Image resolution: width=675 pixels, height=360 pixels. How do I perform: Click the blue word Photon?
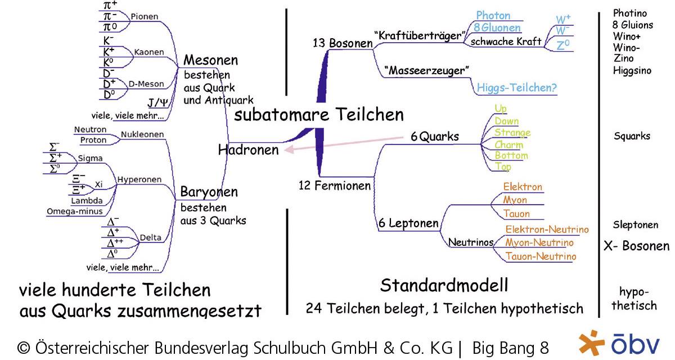493,15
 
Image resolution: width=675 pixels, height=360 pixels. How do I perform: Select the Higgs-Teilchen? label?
516,88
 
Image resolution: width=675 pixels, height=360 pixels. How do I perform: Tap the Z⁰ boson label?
563,45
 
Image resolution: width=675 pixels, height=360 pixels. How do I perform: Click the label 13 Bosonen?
343,43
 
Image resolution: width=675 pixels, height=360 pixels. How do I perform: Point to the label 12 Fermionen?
335,185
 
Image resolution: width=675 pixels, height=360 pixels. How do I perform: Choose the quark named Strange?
512,133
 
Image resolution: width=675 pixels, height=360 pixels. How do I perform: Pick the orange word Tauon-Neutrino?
541,256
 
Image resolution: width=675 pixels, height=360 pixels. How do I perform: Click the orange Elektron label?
523,187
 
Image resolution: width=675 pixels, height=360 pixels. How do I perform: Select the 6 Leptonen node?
408,223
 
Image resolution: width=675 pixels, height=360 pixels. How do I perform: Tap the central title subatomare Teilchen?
319,115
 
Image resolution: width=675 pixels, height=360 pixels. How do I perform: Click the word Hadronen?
248,150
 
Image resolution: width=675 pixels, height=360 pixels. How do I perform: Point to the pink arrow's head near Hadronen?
289,149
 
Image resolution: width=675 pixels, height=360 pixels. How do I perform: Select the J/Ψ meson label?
158,102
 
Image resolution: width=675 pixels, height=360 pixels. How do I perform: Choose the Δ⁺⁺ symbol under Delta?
115,242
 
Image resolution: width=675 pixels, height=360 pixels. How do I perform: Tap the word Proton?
93,140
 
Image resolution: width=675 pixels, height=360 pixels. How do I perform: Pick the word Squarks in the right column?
632,136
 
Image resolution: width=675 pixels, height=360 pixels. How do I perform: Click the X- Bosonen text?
636,246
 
